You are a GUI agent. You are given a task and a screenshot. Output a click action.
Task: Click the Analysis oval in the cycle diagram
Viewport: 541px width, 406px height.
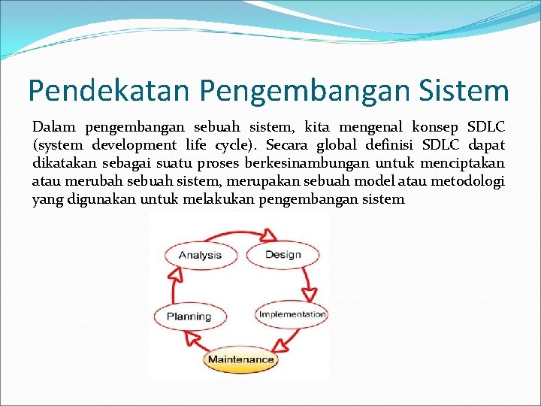200,255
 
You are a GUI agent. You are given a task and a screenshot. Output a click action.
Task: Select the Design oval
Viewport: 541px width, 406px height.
283,254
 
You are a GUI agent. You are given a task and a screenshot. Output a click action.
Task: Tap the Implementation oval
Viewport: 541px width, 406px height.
292,314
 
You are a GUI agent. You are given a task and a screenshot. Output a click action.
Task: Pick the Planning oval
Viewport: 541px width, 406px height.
189,317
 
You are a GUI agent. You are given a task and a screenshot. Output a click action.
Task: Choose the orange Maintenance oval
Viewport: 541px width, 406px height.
240,359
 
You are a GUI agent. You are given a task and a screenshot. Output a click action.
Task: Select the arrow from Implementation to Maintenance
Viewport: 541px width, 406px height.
287,342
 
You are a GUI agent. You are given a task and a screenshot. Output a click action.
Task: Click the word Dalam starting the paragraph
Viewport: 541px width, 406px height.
54,127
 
